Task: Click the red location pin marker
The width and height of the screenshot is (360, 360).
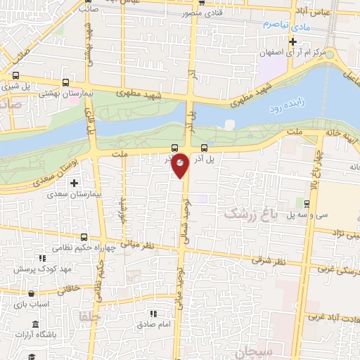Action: point(181,165)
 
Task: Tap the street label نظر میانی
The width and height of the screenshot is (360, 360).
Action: point(136,245)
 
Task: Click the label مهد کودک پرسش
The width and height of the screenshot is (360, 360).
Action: point(52,269)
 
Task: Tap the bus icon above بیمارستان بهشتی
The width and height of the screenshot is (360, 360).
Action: point(65,81)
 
